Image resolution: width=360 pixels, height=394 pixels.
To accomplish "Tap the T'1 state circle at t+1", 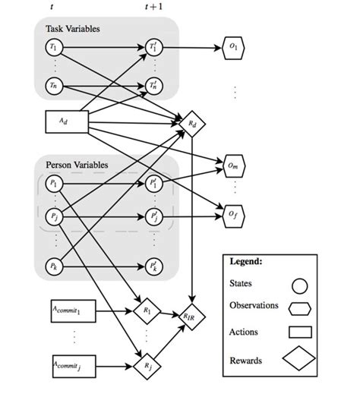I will tap(154, 47).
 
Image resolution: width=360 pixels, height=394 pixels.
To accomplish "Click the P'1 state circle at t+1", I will tap(154, 184).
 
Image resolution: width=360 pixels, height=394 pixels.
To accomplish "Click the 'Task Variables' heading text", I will tap(73, 28).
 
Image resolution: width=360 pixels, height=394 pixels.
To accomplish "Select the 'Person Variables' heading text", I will tap(77, 164).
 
